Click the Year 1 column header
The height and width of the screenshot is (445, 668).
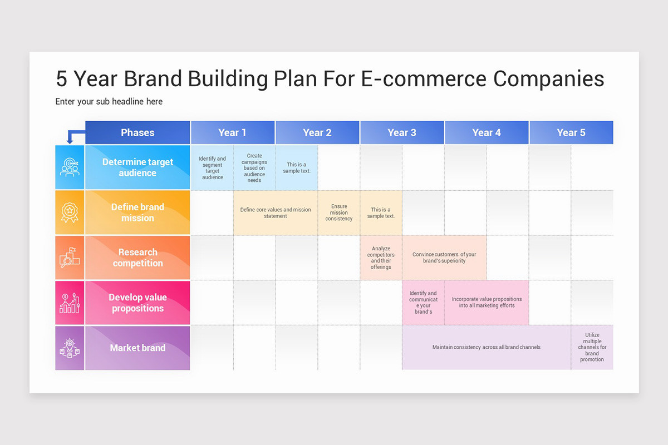click(x=233, y=132)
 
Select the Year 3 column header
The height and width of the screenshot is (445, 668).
click(x=402, y=132)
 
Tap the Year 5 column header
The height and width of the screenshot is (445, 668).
click(x=571, y=132)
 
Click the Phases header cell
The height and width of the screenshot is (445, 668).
click(x=137, y=132)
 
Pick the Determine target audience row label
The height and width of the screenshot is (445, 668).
click(x=137, y=167)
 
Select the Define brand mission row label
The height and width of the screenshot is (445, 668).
click(x=137, y=212)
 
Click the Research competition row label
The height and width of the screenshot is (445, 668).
click(x=137, y=258)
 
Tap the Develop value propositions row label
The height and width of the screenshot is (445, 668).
click(x=137, y=303)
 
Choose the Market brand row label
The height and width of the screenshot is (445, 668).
click(x=137, y=348)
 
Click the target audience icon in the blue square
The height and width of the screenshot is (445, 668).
click(x=70, y=167)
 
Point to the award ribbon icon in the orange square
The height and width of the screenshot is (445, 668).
click(x=70, y=212)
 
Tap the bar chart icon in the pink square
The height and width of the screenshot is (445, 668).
click(x=70, y=303)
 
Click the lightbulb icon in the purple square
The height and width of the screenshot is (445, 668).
click(x=70, y=348)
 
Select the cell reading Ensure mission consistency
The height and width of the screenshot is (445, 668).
click(x=338, y=212)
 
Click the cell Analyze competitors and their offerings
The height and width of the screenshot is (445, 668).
click(x=381, y=258)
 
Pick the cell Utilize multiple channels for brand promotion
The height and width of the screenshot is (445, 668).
click(x=592, y=348)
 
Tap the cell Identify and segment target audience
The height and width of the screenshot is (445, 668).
click(x=212, y=167)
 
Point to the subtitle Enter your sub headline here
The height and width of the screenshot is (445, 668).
click(x=109, y=101)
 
